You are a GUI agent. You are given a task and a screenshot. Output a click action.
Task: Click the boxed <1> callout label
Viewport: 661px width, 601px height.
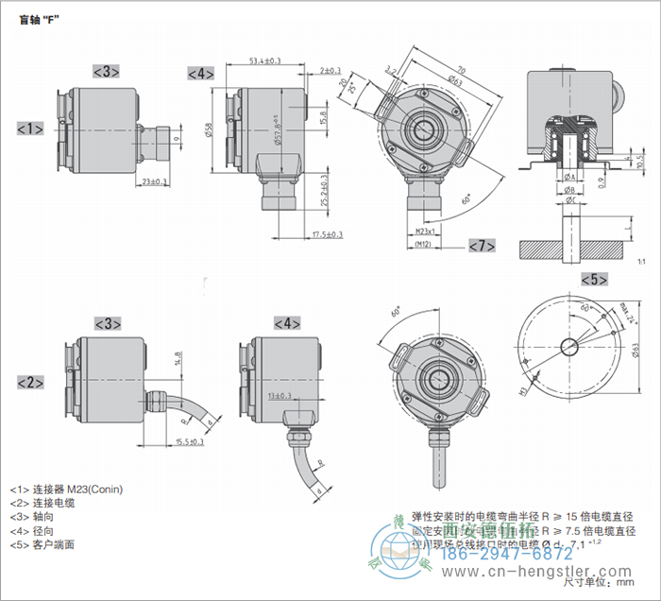click(x=30, y=128)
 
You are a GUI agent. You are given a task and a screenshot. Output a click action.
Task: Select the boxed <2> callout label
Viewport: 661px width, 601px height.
click(x=30, y=382)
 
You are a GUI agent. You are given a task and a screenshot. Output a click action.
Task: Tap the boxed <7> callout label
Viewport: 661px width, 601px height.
click(x=482, y=246)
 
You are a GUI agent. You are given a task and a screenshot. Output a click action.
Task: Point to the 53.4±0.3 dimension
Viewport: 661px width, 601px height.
click(x=265, y=61)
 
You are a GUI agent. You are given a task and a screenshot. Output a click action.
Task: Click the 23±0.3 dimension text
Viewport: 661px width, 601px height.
click(x=154, y=181)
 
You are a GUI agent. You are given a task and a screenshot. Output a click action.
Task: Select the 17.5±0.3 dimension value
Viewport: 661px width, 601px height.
click(x=327, y=234)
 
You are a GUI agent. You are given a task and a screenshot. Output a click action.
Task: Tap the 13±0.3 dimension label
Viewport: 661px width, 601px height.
click(x=280, y=396)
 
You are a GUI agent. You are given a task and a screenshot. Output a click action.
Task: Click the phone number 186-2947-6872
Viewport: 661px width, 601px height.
click(x=517, y=556)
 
